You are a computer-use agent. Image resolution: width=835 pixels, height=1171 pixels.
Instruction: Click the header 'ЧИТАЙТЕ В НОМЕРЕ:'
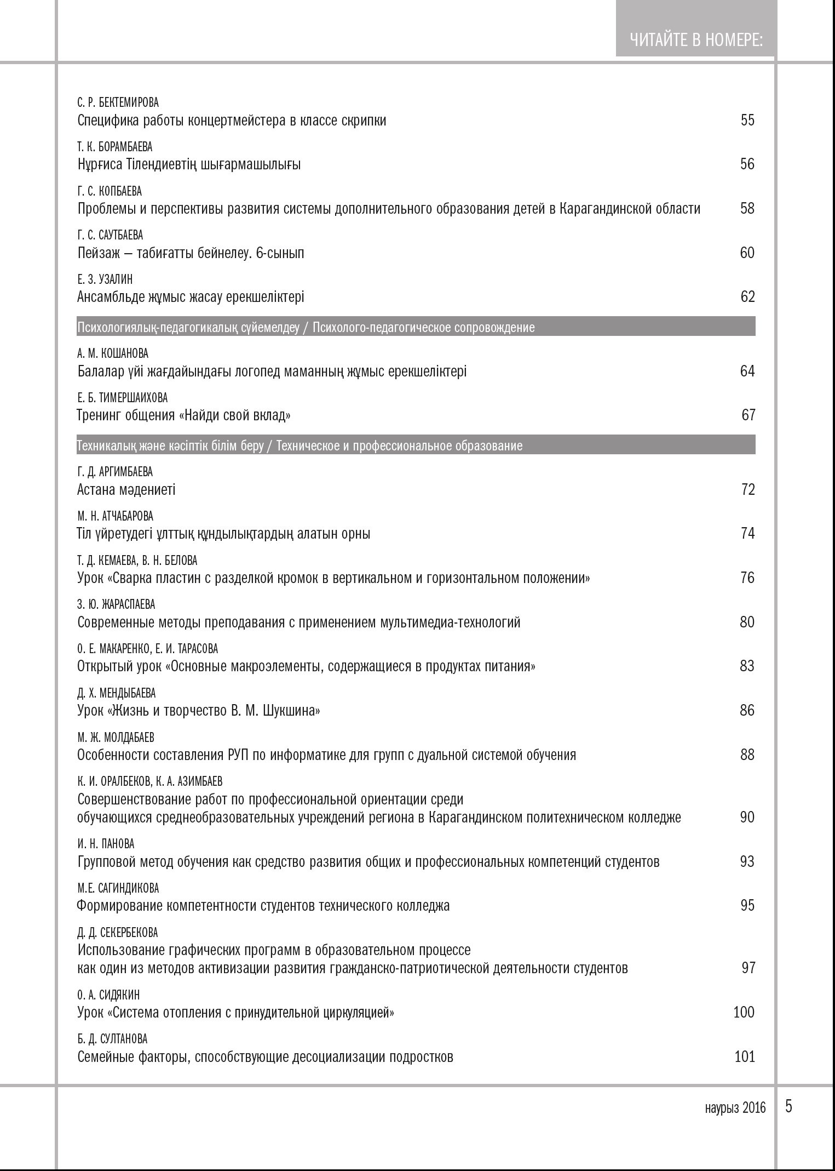click(x=696, y=40)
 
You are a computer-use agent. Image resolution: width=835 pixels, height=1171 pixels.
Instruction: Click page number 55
click(x=747, y=120)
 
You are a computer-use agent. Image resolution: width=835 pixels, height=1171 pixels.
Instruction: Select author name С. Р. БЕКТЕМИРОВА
click(x=118, y=102)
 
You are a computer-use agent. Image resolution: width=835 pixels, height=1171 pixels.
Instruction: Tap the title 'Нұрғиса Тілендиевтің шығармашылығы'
click(x=189, y=164)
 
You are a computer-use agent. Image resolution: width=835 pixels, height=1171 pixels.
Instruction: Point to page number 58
click(x=747, y=208)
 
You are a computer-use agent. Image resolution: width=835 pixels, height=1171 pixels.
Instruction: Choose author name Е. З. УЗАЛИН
click(x=105, y=279)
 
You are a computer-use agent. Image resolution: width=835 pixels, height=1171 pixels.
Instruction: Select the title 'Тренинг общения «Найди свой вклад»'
click(x=183, y=415)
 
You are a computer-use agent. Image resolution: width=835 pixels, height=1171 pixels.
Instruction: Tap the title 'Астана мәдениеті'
click(x=126, y=489)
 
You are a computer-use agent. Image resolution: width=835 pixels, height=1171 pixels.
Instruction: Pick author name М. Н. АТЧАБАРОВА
click(x=115, y=516)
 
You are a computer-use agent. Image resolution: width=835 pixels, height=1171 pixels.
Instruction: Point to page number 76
click(x=747, y=578)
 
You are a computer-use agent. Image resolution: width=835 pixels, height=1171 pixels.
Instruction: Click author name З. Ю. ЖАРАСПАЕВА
click(x=116, y=604)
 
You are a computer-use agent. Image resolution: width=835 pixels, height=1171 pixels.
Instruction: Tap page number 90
click(x=747, y=817)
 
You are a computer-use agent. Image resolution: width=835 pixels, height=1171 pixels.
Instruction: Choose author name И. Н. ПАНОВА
click(x=106, y=844)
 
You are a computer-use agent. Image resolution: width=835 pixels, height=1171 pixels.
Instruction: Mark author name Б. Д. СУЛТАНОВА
click(x=112, y=1039)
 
